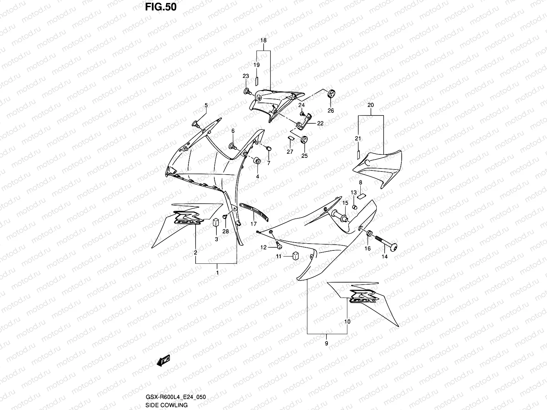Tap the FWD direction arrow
pyautogui.click(x=163, y=361)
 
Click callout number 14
pyautogui.click(x=385, y=257)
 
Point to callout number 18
pyautogui.click(x=263, y=41)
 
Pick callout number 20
pyautogui.click(x=371, y=106)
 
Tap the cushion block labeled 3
pyautogui.click(x=216, y=222)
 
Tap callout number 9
pyautogui.click(x=326, y=343)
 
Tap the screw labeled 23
pyautogui.click(x=247, y=91)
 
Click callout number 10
pyautogui.click(x=347, y=322)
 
